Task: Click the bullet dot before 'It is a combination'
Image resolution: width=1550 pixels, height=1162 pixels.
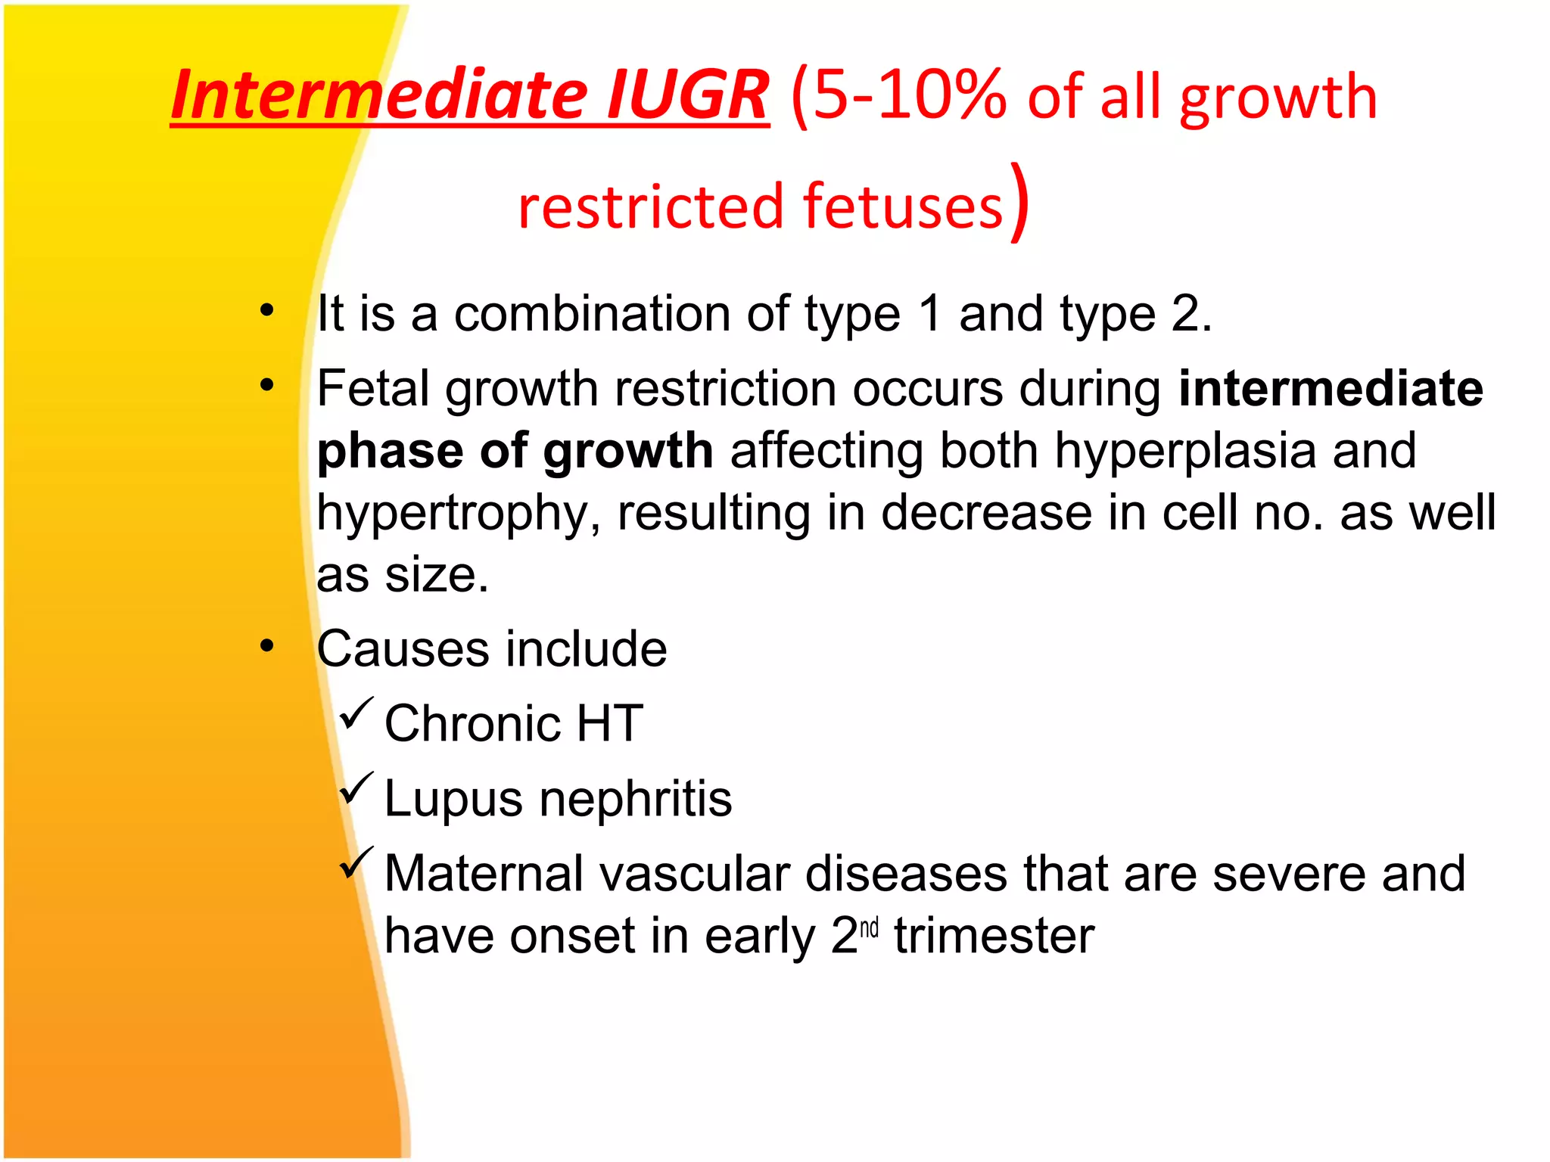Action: point(266,310)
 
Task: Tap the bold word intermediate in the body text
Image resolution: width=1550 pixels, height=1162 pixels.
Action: point(1331,388)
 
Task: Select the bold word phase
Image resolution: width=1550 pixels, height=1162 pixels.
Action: point(389,452)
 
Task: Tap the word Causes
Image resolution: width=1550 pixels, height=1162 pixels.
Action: point(403,649)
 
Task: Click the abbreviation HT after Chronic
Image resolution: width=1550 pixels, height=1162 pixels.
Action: point(609,723)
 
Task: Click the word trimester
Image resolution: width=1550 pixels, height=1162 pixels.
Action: point(994,936)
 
